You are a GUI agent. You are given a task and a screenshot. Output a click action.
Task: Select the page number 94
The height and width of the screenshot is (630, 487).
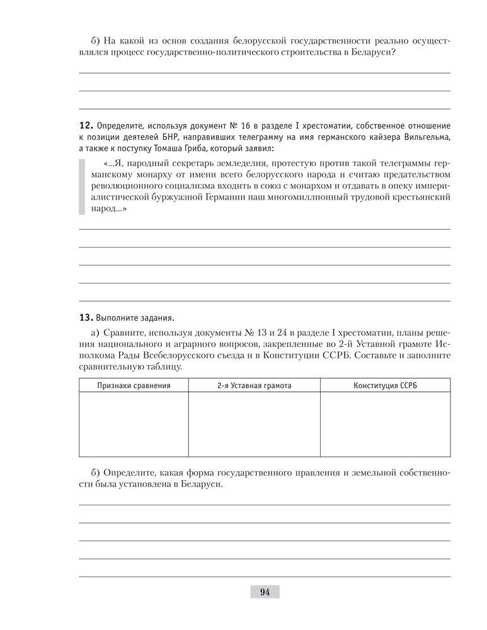point(264,592)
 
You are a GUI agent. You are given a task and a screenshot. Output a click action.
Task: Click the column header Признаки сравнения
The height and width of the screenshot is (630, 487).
point(134,384)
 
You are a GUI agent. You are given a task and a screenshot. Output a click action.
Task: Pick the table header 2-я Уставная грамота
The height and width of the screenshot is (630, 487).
point(254,384)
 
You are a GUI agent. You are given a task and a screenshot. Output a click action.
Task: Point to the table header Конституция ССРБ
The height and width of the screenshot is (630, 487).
point(385,384)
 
